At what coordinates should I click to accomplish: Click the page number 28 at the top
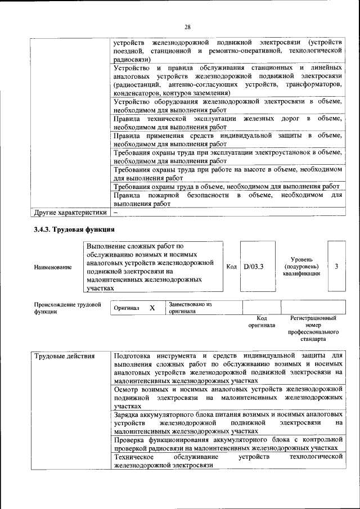(188, 26)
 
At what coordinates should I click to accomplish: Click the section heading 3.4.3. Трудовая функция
(74, 229)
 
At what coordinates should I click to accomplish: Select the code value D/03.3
(254, 267)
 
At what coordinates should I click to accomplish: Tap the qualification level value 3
(336, 267)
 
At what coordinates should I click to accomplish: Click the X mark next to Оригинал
(152, 308)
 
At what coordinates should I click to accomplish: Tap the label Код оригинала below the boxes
(262, 322)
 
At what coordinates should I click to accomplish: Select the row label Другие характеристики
(70, 213)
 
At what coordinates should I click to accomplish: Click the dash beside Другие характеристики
(115, 213)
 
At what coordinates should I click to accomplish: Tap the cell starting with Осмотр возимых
(228, 397)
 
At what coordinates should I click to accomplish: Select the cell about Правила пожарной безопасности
(228, 200)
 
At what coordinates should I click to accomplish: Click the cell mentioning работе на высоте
(228, 173)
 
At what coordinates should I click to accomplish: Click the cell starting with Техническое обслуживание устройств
(228, 462)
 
